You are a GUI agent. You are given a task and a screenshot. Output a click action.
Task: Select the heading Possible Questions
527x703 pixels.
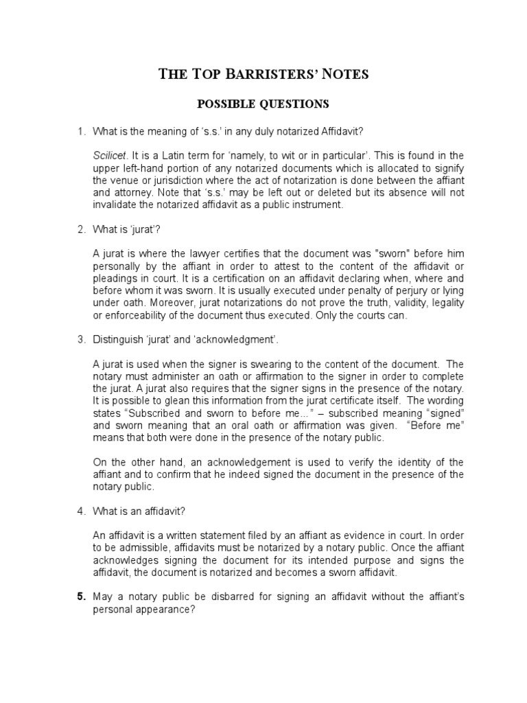pos(263,104)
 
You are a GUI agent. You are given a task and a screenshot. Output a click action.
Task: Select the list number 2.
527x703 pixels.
pos(80,230)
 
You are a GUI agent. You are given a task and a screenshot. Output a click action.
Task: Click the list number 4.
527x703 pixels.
pos(80,511)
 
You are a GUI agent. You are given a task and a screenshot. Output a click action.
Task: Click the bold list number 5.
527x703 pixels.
pos(80,597)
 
